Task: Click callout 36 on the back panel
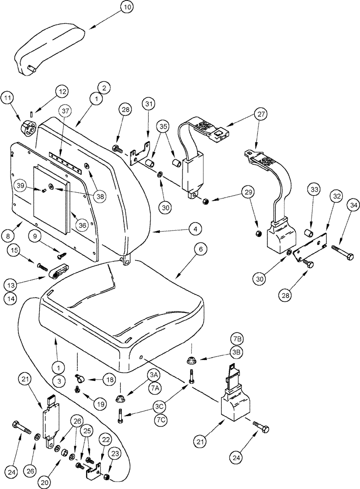[x=82, y=224]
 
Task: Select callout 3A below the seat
[x=154, y=374]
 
